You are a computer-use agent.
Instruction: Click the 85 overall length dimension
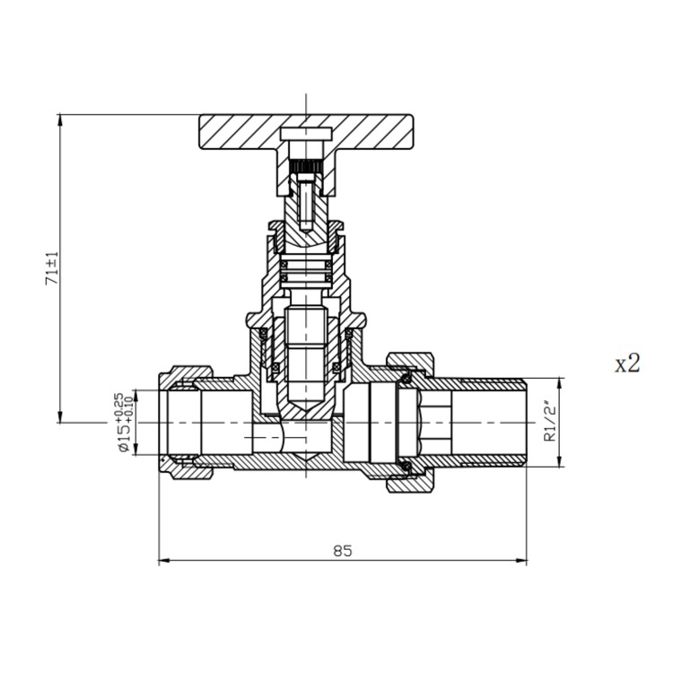(342, 550)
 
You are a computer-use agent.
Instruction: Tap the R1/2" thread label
(550, 423)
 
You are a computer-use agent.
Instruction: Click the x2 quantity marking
(627, 363)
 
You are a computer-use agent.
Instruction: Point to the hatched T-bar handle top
(242, 130)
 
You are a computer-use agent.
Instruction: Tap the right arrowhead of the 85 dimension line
(523, 562)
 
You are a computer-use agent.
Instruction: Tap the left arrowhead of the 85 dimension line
(162, 562)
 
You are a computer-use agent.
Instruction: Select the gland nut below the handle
(305, 237)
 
